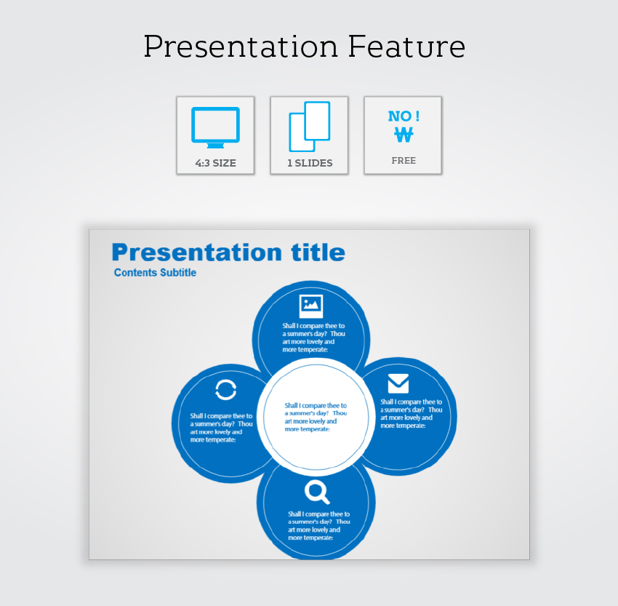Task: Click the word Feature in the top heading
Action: (406, 46)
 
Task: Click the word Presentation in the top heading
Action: (241, 46)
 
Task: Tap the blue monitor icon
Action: (216, 127)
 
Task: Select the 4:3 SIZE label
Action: (216, 163)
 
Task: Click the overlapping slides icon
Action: (310, 127)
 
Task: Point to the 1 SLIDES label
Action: (310, 163)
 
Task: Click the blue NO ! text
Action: (404, 116)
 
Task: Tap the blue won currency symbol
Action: (404, 135)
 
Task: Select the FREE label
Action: (404, 161)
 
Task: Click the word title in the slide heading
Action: (318, 252)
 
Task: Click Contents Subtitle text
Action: (155, 272)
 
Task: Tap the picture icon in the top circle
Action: (311, 306)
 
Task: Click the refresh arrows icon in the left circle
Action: (226, 390)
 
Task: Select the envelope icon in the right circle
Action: (398, 383)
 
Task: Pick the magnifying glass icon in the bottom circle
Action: (317, 492)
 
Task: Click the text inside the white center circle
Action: (316, 417)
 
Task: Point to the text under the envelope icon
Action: (411, 414)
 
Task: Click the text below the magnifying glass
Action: (319, 525)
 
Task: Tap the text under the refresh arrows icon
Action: (221, 428)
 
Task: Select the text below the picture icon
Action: (314, 338)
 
